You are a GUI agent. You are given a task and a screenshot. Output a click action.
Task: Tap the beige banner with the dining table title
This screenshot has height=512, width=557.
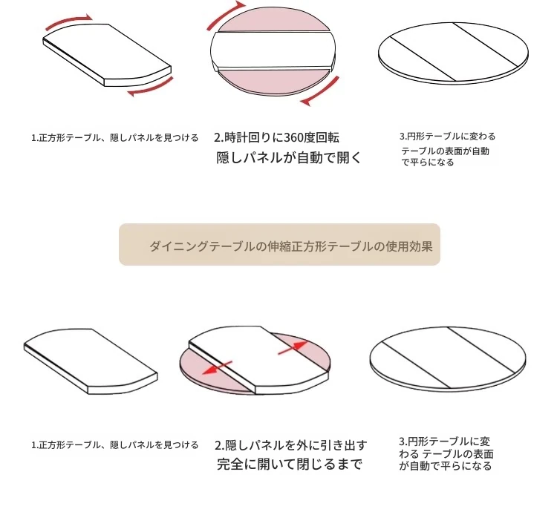[279, 244]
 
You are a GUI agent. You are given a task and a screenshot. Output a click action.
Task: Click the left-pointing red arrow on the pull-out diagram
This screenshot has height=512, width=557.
[217, 367]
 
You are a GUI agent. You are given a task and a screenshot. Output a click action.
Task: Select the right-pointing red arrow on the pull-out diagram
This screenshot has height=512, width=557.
[293, 347]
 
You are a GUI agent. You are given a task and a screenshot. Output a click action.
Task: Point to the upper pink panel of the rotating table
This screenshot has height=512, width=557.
[273, 22]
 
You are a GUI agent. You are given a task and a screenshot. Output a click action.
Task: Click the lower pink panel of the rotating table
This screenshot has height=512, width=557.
[273, 82]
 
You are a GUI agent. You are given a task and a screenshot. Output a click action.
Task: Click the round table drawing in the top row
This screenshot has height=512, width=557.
[453, 53]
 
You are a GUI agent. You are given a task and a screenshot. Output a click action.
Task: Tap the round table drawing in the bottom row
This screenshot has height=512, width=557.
[448, 359]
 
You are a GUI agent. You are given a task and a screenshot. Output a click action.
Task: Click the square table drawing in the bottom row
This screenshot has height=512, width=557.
[91, 361]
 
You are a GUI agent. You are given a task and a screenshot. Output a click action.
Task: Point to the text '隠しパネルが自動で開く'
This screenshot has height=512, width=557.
[288, 157]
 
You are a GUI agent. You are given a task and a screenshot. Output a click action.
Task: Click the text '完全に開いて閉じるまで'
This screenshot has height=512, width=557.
[290, 464]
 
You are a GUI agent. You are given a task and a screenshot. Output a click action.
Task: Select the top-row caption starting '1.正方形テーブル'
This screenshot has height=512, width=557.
[114, 138]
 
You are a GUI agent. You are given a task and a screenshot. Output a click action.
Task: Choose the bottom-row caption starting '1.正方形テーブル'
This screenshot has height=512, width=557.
[114, 445]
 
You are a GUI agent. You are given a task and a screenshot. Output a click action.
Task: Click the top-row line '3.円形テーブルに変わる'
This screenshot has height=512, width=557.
[447, 137]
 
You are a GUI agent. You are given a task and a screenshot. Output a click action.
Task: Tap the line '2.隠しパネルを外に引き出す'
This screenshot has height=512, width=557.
[290, 445]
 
